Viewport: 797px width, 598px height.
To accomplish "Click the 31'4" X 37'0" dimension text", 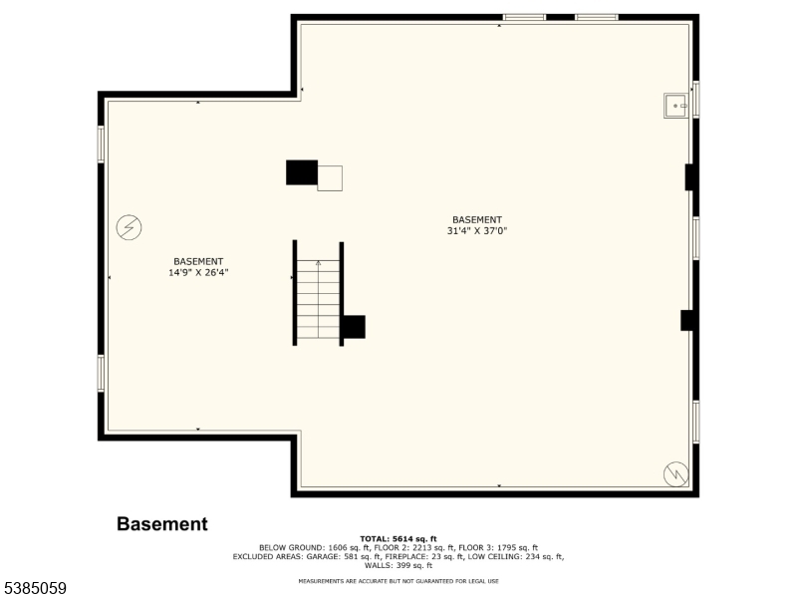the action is click(477, 231).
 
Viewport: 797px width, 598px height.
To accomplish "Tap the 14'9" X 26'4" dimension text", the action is click(198, 272).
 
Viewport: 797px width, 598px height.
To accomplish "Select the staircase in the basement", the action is click(318, 293).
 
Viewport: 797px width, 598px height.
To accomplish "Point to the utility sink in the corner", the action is click(675, 106).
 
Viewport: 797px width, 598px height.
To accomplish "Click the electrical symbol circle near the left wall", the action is click(129, 227).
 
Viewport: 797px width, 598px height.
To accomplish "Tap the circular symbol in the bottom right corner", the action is click(676, 474).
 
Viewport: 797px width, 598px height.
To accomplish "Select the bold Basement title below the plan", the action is click(162, 524).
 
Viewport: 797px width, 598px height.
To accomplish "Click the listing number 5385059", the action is click(33, 588).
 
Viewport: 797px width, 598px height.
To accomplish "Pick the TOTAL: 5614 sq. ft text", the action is click(398, 539).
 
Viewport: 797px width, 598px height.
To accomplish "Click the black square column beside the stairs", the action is click(354, 327).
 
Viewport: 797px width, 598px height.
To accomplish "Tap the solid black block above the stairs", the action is click(302, 172).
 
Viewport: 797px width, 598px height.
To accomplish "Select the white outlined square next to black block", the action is click(330, 178).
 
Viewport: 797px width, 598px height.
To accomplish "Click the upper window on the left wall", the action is click(101, 145).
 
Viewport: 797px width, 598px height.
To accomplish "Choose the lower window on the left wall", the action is click(101, 373).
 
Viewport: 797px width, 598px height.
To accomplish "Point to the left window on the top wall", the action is click(524, 17).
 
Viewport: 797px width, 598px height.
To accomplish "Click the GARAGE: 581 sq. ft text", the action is click(347, 557).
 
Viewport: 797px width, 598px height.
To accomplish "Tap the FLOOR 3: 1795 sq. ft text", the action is click(498, 548).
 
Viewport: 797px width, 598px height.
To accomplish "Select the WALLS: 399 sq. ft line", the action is click(398, 565).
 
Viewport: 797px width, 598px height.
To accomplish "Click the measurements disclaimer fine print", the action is click(398, 581).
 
